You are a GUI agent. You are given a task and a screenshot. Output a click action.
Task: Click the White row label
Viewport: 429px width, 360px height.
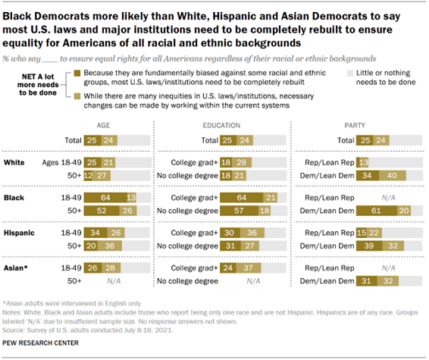(x=14, y=162)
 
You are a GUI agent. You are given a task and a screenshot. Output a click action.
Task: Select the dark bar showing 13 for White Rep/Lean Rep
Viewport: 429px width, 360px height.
(x=362, y=162)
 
